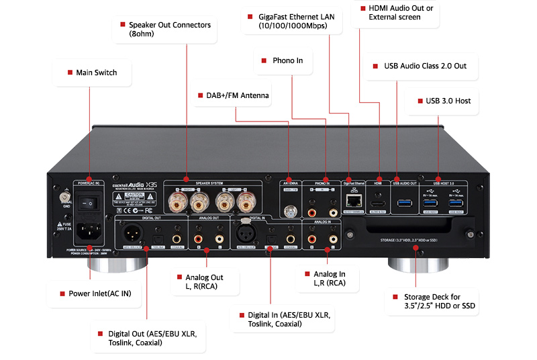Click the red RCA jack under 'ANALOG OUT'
[198, 238]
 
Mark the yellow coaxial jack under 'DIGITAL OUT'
[177, 237]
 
